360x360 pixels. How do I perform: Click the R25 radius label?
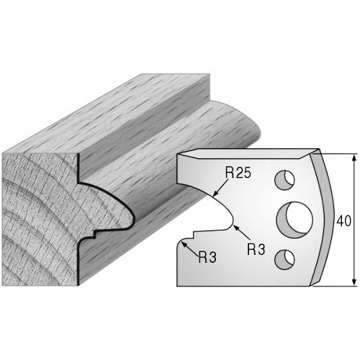[x=238, y=173]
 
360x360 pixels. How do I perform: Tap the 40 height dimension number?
[x=343, y=221]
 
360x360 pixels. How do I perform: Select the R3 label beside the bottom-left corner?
[x=207, y=258]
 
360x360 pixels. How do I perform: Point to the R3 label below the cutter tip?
[x=256, y=249]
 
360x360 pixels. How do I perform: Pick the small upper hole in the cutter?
[x=285, y=180]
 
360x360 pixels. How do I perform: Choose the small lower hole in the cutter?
[x=284, y=259]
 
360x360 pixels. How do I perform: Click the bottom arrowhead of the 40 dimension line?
[x=354, y=282]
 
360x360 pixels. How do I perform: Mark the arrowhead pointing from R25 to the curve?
[x=216, y=192]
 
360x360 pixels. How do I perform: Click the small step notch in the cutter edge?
[x=194, y=235]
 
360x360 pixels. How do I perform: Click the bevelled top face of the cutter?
[x=247, y=153]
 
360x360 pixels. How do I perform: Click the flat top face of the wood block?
[x=106, y=113]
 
